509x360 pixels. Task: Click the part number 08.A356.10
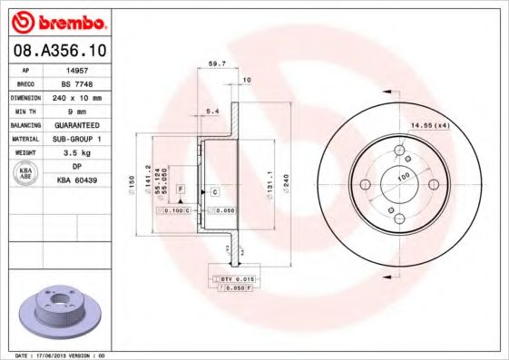[x=60, y=52]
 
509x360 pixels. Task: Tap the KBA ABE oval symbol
[x=24, y=176]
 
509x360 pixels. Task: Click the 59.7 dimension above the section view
[x=217, y=64]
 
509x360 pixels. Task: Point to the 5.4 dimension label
[x=212, y=112]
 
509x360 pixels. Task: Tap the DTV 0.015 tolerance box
[x=233, y=277]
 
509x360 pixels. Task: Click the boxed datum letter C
[x=215, y=192]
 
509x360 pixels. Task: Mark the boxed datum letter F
[x=181, y=189]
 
